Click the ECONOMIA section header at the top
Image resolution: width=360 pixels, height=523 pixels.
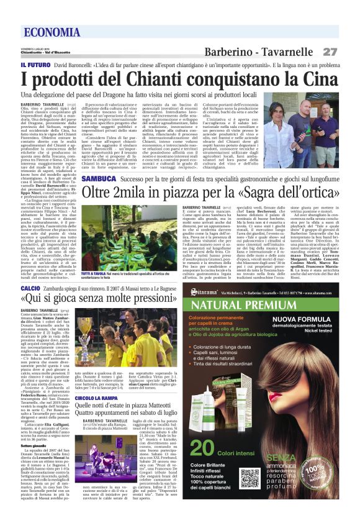pos(49,32)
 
